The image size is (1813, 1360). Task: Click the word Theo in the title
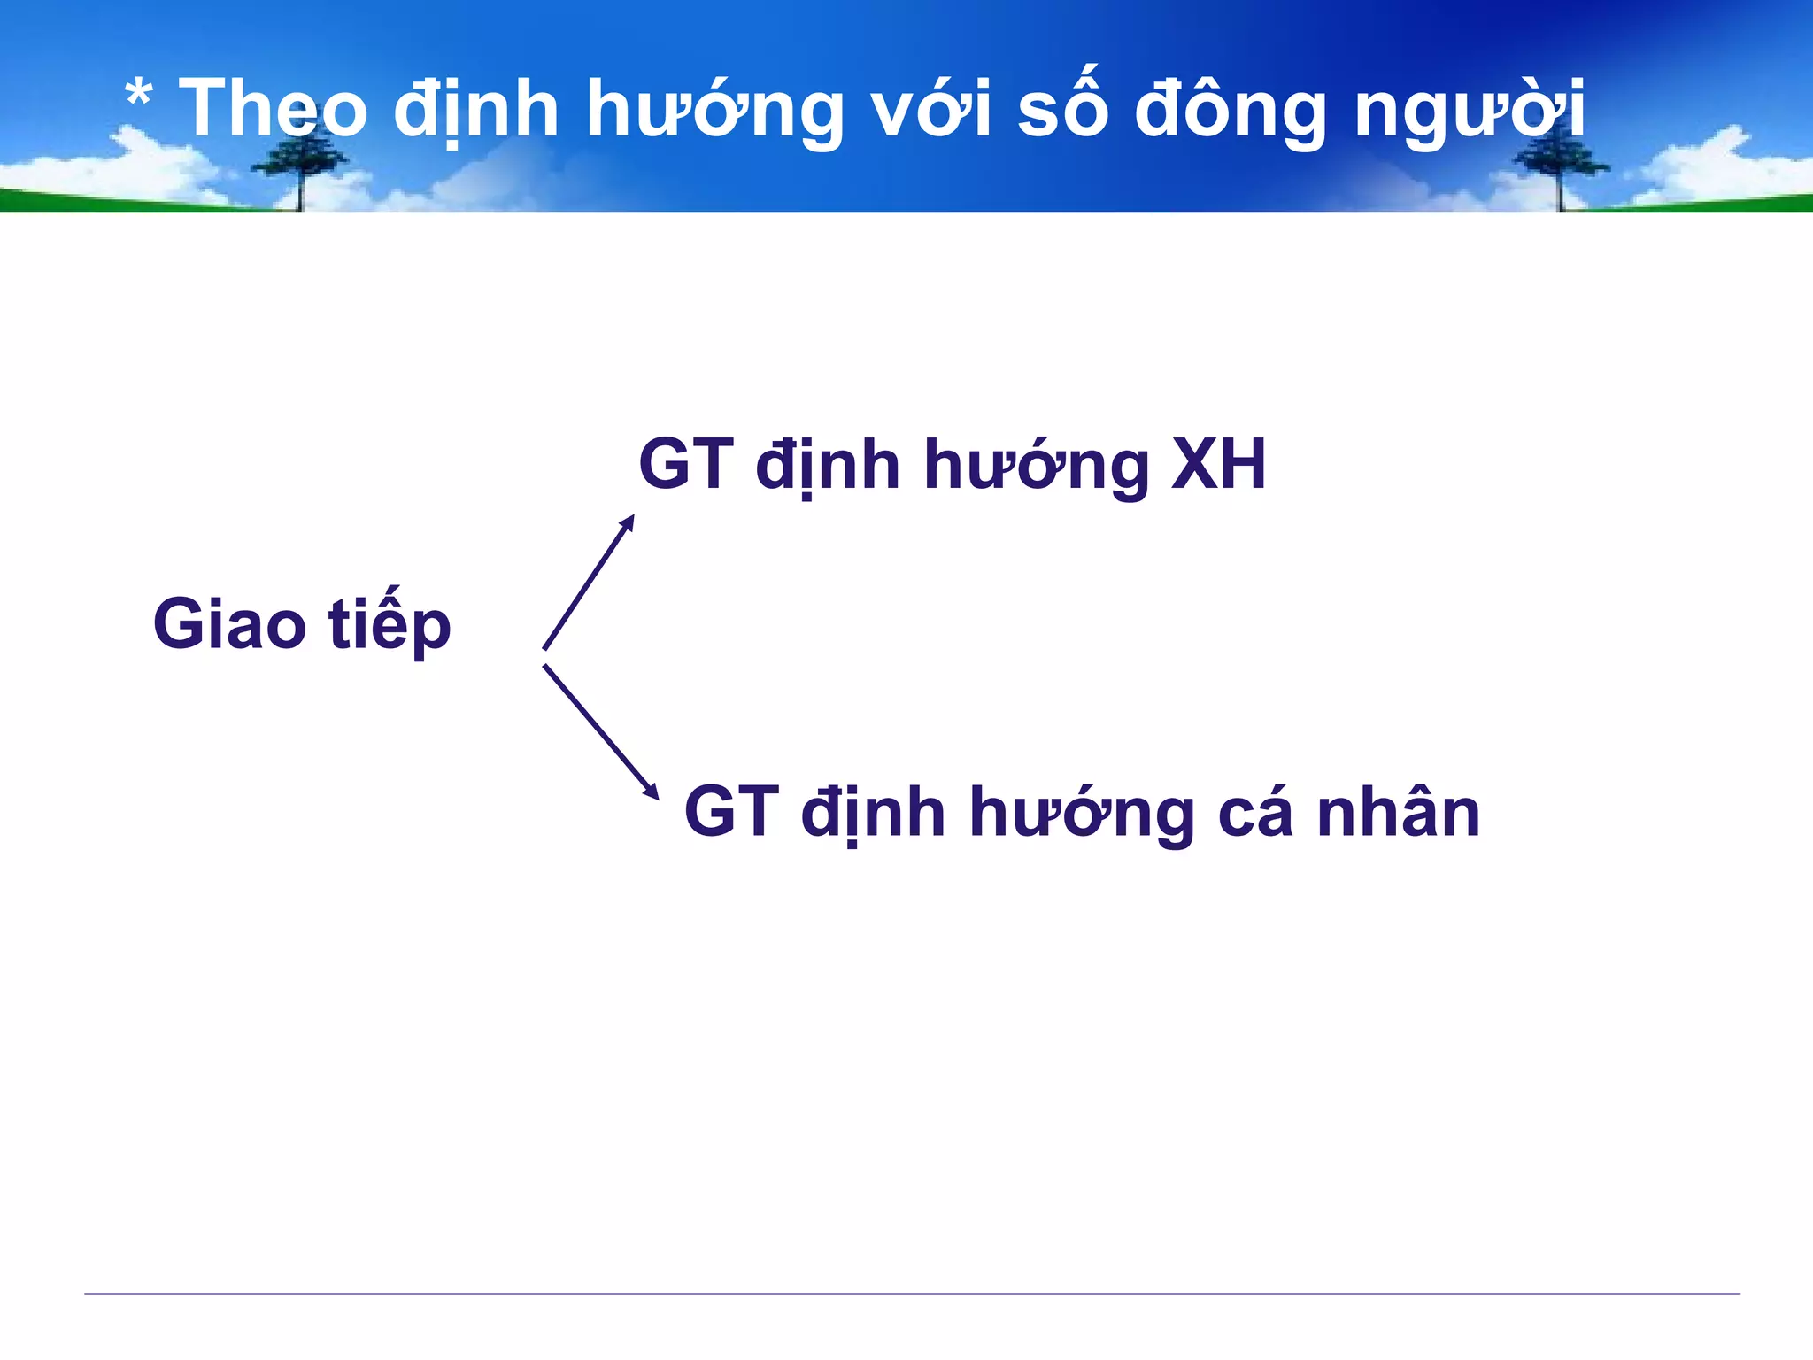click(273, 109)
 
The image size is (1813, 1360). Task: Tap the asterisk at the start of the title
click(138, 96)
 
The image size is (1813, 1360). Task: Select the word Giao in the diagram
click(229, 624)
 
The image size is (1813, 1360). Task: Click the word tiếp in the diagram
click(390, 624)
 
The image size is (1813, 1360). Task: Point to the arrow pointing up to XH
click(589, 582)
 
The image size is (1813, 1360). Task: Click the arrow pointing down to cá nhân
click(600, 731)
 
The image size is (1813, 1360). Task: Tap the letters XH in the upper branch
click(1218, 465)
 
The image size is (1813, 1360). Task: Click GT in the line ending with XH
click(686, 465)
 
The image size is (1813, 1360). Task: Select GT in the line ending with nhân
click(731, 812)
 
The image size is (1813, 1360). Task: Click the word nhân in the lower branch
click(1398, 812)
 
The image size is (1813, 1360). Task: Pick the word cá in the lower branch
click(1254, 812)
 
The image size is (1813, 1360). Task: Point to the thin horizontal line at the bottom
click(912, 1294)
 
